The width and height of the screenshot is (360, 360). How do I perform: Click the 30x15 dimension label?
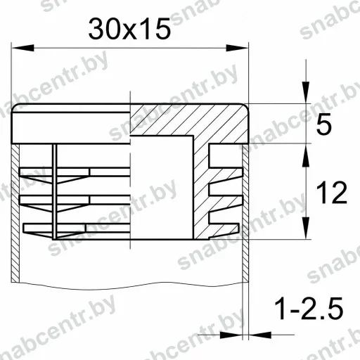pos(129,30)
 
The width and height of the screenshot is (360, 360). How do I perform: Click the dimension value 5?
pos(324,124)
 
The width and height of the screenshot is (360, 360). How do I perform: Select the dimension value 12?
pos(332,193)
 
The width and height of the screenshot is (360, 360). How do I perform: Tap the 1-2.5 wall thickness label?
pos(309,309)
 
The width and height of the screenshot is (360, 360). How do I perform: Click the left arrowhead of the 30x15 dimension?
pos(22,48)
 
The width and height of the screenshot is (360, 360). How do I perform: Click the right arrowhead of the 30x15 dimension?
pos(237,48)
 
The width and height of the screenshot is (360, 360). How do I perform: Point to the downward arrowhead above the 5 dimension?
pos(305,92)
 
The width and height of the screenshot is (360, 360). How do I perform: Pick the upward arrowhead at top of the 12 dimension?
pos(305,155)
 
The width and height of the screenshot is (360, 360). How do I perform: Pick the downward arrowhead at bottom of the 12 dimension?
pos(305,228)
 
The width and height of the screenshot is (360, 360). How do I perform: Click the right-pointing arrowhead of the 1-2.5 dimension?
pos(231,335)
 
